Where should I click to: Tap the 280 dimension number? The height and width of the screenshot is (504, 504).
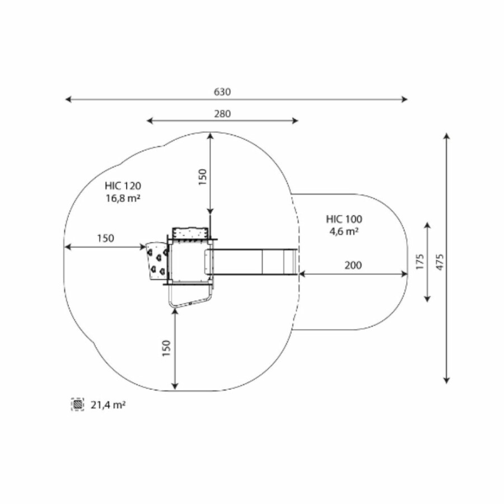tap(222, 114)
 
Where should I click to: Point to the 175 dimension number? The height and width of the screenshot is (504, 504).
tap(420, 262)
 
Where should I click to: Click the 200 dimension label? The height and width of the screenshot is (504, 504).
tap(353, 265)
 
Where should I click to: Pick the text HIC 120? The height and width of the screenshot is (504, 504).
tap(123, 186)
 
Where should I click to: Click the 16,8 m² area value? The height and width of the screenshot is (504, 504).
tap(123, 198)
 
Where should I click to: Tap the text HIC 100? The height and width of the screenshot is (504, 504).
tap(344, 219)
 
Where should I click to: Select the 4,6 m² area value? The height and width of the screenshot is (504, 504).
tap(344, 231)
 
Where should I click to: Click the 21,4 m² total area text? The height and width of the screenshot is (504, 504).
tap(108, 405)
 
